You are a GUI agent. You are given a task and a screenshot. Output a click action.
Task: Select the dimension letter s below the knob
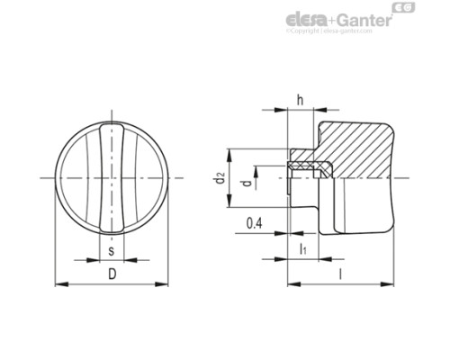tap(111, 248)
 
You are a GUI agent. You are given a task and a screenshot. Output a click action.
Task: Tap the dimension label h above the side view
tap(300, 100)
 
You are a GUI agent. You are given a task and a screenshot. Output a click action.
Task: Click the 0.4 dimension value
tap(253, 221)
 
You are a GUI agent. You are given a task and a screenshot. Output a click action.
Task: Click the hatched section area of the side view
tap(360, 144)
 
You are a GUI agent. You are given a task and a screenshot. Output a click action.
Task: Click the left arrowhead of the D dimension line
tap(59, 284)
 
